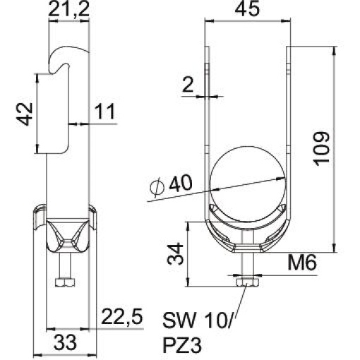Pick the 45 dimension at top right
point(247,10)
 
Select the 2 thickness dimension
point(186,85)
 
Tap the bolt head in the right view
point(247,283)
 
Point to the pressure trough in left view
point(65,236)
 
